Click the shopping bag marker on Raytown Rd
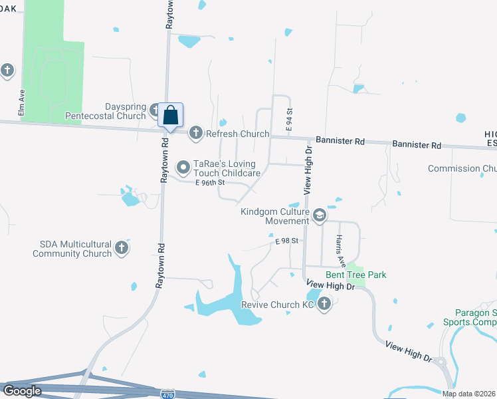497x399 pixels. [x=171, y=115]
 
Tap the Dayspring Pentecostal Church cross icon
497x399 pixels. [x=155, y=110]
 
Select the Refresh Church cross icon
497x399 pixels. [x=195, y=134]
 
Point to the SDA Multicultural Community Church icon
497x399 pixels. [x=121, y=248]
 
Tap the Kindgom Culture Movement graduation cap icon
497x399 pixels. [x=319, y=215]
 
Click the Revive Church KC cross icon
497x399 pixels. [x=324, y=305]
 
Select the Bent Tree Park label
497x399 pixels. [x=355, y=275]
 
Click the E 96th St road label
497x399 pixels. [x=211, y=182]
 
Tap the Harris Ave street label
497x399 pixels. [x=341, y=247]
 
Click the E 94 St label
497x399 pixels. [x=289, y=121]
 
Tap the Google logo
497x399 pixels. [x=22, y=391]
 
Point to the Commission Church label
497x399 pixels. [x=462, y=169]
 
